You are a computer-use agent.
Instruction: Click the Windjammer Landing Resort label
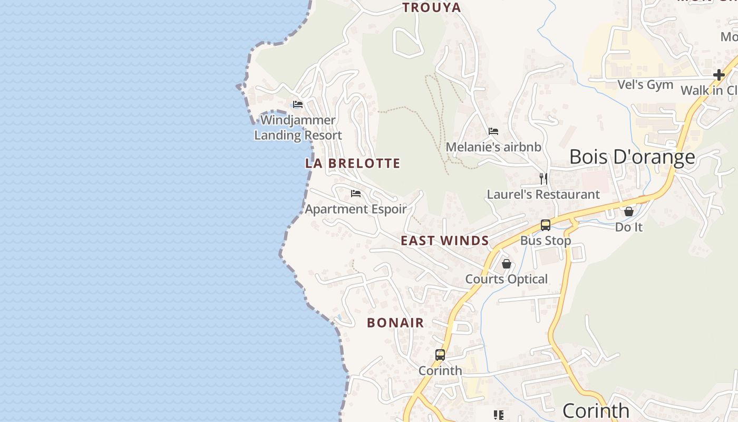pos(298,128)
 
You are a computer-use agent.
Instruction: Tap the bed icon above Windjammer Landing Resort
pos(298,104)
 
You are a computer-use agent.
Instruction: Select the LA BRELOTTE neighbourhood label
pos(353,164)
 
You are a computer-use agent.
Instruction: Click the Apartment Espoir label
pos(356,209)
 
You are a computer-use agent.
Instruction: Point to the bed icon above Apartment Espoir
pos(356,194)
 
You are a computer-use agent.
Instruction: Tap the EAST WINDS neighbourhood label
pos(445,241)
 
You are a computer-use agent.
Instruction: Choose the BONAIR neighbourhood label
pos(395,323)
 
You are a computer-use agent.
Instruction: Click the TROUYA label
pos(432,7)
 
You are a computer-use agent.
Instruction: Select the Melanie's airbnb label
pos(493,147)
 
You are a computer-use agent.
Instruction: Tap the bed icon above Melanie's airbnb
pos(493,131)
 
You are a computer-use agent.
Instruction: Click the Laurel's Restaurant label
pos(543,195)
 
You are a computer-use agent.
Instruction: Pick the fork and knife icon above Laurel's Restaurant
pos(543,179)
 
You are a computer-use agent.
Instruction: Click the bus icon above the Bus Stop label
pos(546,225)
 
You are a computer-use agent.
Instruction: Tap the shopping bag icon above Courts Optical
pos(507,263)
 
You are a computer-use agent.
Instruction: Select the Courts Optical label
pos(507,279)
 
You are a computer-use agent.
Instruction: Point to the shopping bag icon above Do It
pos(629,212)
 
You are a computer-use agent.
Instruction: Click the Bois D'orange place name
pos(632,157)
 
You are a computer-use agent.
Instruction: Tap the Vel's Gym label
pos(645,85)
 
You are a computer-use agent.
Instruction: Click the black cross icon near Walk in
pos(718,75)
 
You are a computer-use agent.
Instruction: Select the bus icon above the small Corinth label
pos(440,355)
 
